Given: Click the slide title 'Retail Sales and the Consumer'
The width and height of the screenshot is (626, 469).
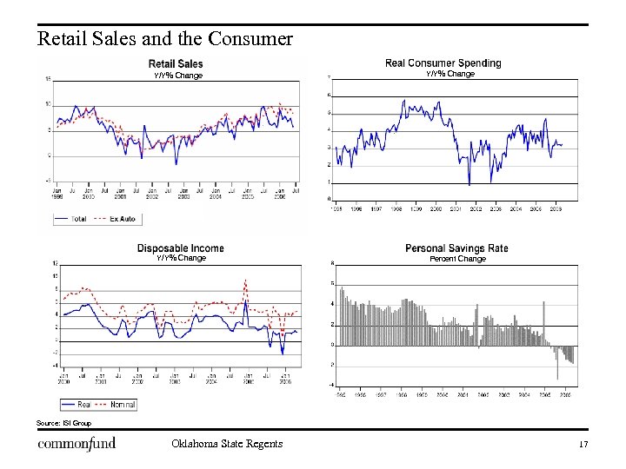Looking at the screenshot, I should pos(165,39).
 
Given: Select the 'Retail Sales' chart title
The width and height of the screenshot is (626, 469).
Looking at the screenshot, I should pos(176,63).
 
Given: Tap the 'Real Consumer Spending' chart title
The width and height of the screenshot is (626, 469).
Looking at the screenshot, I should pos(443,63).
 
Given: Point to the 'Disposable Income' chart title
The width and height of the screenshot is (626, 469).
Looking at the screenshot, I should pos(180,248).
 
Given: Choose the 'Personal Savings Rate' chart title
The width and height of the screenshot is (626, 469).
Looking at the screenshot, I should pos(456,248).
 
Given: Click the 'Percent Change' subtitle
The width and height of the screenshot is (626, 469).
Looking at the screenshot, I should pos(458,259).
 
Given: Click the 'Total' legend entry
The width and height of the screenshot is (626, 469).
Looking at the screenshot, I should pos(77,219).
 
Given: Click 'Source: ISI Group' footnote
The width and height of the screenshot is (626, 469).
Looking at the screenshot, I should pos(63,423).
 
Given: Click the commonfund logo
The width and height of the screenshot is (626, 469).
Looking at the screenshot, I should pos(77,445).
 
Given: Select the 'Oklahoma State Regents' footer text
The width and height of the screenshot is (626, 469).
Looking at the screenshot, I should pos(227,445).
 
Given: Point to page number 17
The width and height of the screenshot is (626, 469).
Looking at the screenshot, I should pos(583,445).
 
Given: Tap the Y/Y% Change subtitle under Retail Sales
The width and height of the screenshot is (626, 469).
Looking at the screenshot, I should pos(178,76).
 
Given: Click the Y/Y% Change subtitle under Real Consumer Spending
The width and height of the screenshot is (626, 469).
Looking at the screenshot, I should pos(450,74).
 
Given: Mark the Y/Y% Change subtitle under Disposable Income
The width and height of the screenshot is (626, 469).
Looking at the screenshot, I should pos(181,258).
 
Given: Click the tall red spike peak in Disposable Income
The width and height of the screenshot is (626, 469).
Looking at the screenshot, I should pos(246,281).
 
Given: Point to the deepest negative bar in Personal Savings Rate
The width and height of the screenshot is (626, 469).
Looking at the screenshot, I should pos(557,377).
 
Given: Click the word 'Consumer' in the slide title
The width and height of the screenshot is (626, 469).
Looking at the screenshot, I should pos(251,39).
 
